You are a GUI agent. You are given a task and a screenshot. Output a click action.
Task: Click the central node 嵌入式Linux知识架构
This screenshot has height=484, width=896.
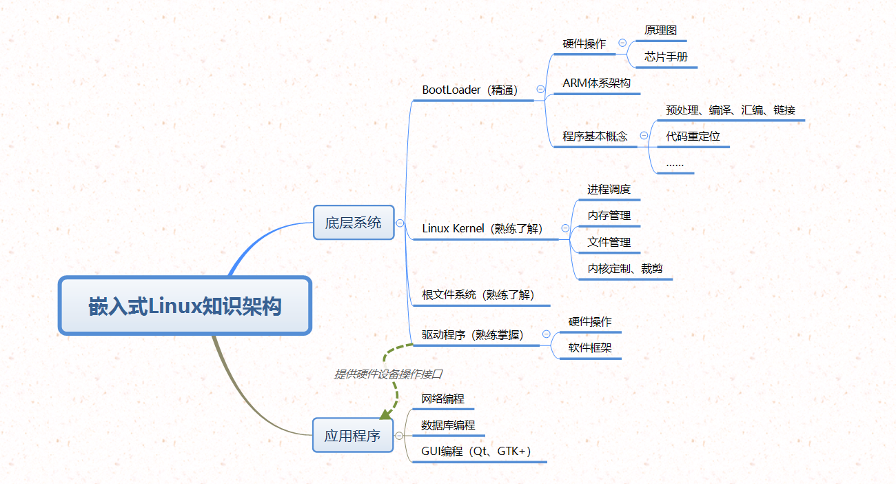pyautogui.click(x=185, y=306)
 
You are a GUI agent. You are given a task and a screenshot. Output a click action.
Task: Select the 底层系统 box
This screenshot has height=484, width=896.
pyautogui.click(x=353, y=223)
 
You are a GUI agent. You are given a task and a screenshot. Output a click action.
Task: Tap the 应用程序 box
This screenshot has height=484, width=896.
pyautogui.click(x=352, y=435)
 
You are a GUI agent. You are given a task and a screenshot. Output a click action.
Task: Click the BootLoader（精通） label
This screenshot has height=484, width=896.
pyautogui.click(x=470, y=90)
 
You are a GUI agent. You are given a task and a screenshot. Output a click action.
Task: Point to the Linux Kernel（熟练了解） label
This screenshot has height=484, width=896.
pyautogui.click(x=482, y=229)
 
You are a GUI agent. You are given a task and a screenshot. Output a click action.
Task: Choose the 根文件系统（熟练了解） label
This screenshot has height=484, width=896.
pyautogui.click(x=478, y=295)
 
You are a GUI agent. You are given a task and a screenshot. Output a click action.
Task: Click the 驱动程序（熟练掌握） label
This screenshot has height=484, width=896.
pyautogui.click(x=473, y=335)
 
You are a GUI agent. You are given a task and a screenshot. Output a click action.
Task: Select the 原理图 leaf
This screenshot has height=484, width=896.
pyautogui.click(x=660, y=31)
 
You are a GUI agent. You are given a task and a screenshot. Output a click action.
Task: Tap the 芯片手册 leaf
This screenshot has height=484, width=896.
pyautogui.click(x=666, y=57)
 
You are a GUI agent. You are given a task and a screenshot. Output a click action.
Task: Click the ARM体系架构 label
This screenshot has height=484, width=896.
pyautogui.click(x=596, y=83)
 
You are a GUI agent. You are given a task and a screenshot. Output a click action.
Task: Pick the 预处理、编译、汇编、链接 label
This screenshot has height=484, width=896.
pyautogui.click(x=731, y=110)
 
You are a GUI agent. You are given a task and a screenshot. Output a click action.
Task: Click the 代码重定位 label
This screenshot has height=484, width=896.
pyautogui.click(x=693, y=137)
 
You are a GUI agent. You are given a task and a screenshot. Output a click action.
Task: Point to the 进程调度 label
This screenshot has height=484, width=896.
pyautogui.click(x=609, y=190)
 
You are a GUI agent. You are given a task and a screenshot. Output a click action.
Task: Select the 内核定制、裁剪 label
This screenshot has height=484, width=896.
pyautogui.click(x=624, y=269)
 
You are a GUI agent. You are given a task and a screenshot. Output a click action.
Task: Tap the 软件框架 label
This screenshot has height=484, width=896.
pyautogui.click(x=590, y=348)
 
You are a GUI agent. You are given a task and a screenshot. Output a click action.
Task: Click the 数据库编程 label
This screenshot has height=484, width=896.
pyautogui.click(x=448, y=425)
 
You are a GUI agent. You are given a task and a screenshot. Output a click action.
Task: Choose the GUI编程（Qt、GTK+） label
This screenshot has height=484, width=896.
pyautogui.click(x=476, y=452)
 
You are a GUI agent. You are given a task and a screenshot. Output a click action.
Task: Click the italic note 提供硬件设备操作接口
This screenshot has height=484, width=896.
pyautogui.click(x=388, y=374)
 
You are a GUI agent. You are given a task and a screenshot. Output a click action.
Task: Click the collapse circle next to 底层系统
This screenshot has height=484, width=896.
pyautogui.click(x=400, y=223)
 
